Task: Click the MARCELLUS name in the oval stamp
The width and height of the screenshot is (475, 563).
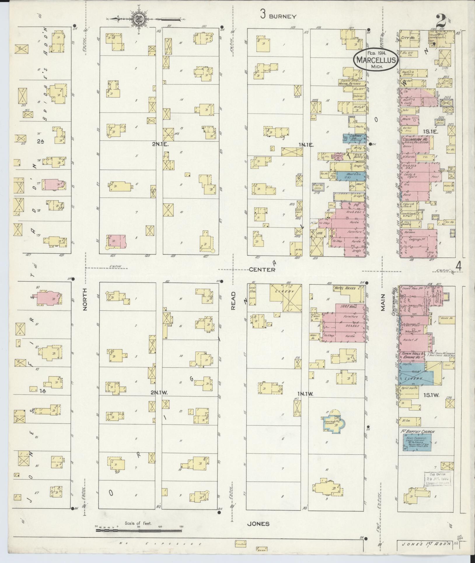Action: pos(376,60)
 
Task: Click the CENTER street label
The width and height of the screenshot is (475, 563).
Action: pos(262,270)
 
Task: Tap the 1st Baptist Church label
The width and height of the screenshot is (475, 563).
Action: pos(417,432)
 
